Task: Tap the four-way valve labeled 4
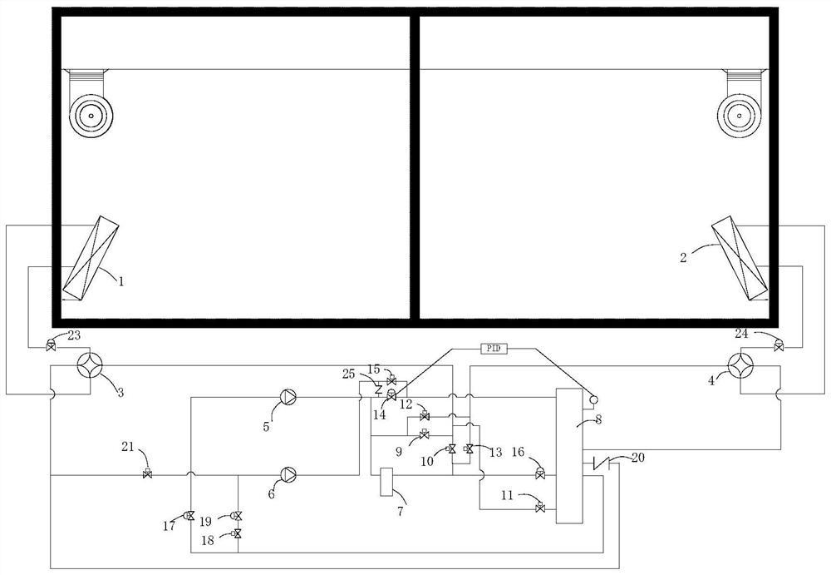(740, 365)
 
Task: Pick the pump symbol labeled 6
(288, 475)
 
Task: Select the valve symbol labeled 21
(148, 474)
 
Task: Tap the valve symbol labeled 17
(190, 517)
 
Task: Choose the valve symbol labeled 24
(778, 345)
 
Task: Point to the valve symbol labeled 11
(540, 507)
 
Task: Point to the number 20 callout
(637, 457)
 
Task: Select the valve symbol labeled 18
(238, 533)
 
